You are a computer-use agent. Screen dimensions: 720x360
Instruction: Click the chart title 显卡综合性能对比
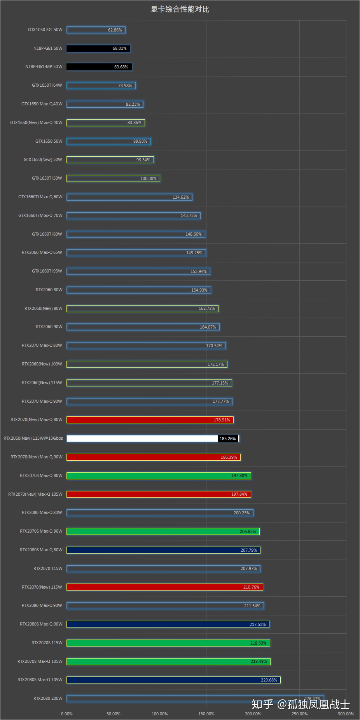(180, 9)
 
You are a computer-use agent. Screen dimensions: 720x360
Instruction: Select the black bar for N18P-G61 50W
(98, 49)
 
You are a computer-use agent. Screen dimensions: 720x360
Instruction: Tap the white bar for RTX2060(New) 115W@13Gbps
(142, 439)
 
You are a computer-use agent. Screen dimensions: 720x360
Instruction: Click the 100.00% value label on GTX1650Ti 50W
(149, 178)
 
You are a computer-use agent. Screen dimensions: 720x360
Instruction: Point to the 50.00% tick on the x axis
(113, 714)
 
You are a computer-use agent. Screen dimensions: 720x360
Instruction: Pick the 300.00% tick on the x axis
(346, 714)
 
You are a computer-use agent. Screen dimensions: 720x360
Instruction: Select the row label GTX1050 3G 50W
(45, 30)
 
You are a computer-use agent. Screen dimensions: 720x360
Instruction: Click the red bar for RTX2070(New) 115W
(164, 587)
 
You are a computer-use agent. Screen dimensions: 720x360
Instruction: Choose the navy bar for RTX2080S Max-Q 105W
(173, 680)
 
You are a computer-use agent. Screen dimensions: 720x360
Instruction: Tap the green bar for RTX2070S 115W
(168, 643)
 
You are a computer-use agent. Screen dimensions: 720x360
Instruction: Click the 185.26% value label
(228, 439)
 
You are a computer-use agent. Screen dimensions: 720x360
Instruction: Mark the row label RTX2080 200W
(48, 698)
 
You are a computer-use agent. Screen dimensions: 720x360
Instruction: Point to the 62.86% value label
(115, 30)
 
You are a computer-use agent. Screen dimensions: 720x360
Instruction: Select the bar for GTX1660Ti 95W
(138, 271)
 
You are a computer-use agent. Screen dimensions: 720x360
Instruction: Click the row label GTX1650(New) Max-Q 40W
(36, 122)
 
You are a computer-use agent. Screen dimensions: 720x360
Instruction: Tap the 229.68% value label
(269, 680)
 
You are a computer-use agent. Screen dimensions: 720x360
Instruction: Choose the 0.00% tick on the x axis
(67, 714)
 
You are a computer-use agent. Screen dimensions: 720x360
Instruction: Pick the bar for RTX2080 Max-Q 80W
(159, 513)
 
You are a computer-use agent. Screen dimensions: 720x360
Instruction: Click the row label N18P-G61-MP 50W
(44, 67)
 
